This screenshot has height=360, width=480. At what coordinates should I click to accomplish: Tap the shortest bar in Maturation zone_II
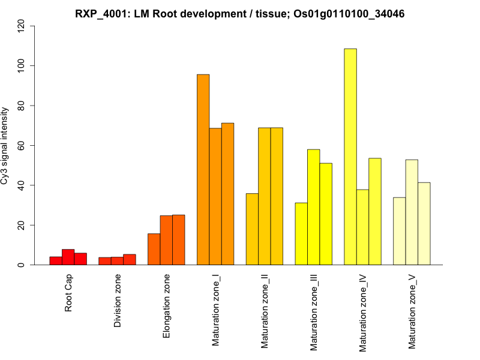pos(252,229)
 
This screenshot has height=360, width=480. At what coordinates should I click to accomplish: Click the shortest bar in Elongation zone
pos(154,249)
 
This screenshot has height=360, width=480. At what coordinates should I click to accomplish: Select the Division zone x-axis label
pos(118,301)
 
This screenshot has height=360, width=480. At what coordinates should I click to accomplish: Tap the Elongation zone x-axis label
pos(167,306)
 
